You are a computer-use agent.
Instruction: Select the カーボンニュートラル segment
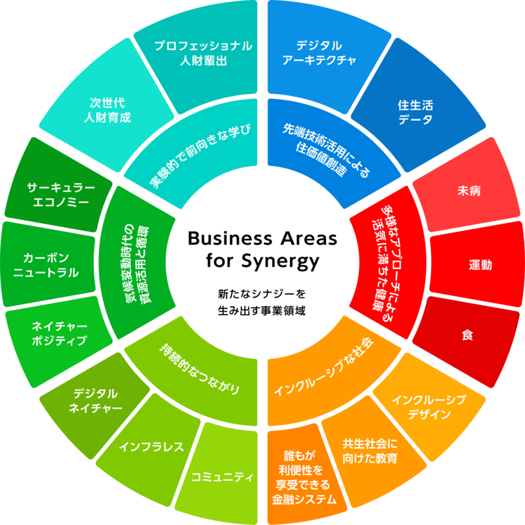click(x=47, y=264)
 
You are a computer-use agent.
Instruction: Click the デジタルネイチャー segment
click(x=95, y=402)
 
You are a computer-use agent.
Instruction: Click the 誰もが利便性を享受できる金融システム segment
click(x=303, y=477)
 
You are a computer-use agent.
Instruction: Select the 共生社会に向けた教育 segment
click(x=370, y=450)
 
